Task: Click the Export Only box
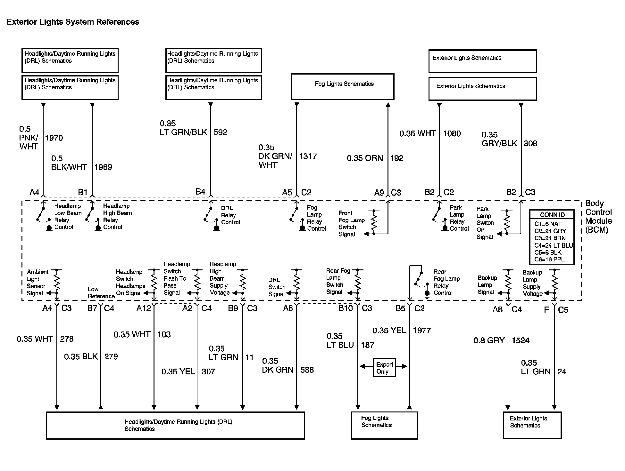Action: [x=384, y=368]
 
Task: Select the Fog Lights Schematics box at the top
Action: [x=343, y=86]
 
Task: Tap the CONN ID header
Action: [x=552, y=215]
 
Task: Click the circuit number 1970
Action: [x=54, y=138]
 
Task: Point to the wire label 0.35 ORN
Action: [x=365, y=158]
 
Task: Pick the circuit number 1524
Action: [x=521, y=340]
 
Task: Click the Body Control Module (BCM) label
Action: [x=598, y=217]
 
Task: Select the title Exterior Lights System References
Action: [x=73, y=22]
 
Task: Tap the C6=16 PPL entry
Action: [x=549, y=259]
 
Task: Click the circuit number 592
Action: [x=220, y=132]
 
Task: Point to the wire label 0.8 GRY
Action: [x=489, y=340]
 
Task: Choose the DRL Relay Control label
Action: [x=230, y=215]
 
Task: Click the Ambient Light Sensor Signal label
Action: [x=37, y=283]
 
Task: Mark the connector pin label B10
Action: [x=345, y=308]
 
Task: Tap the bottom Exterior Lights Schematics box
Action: [x=532, y=425]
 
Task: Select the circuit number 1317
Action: [x=308, y=156]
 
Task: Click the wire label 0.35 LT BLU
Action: [x=340, y=340]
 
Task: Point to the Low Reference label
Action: [x=101, y=293]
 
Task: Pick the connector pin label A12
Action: [x=143, y=308]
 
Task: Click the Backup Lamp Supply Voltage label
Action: [x=533, y=283]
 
